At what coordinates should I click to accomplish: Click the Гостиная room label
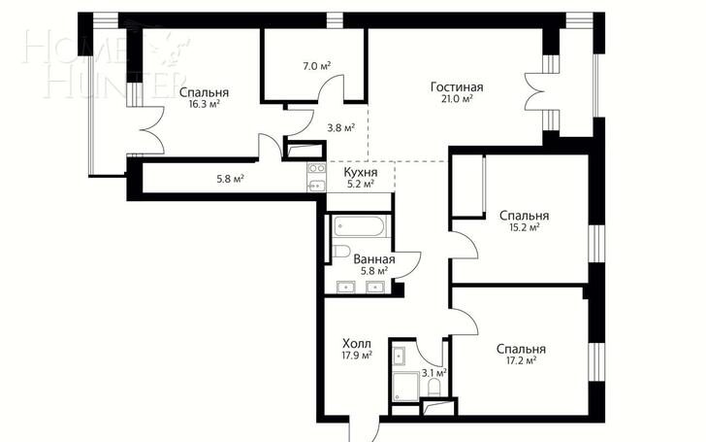(457, 86)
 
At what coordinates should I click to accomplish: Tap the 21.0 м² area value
(457, 99)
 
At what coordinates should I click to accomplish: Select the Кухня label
(361, 172)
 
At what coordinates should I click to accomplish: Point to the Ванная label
(374, 259)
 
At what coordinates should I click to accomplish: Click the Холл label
(357, 344)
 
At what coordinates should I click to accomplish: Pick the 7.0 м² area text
(316, 66)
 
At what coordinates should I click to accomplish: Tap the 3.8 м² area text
(340, 128)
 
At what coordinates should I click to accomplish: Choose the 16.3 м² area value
(205, 104)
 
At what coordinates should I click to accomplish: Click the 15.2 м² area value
(524, 227)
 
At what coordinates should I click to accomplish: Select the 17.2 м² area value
(521, 360)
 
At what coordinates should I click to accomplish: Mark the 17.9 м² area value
(357, 356)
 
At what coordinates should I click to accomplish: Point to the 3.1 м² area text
(433, 373)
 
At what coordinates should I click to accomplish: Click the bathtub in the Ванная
(361, 226)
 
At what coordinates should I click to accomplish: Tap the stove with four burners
(317, 169)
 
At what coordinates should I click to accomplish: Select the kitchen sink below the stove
(317, 185)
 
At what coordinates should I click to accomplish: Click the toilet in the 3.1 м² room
(434, 388)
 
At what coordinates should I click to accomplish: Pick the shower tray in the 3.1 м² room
(405, 387)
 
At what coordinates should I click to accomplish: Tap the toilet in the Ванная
(341, 252)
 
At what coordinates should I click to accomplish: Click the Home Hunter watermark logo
(105, 63)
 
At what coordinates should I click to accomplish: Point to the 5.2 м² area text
(361, 184)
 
